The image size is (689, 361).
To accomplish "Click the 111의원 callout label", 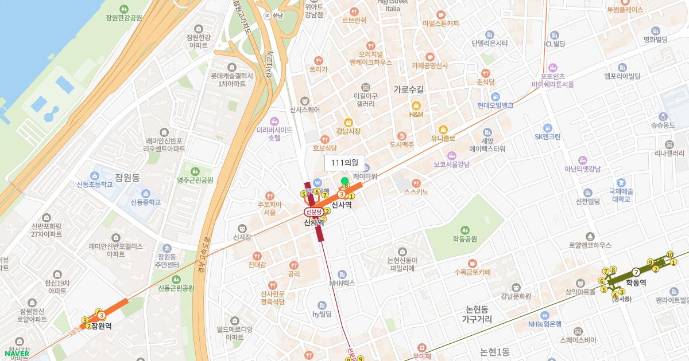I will [x=344, y=163].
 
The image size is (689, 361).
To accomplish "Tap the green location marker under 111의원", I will [x=344, y=181].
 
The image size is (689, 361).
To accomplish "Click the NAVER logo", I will [x=16, y=353].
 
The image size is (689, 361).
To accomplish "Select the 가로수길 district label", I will [x=409, y=89].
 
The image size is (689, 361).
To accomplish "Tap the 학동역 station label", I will [x=636, y=282].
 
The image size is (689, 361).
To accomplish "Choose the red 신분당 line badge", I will [x=315, y=211].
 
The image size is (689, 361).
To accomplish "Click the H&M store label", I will [x=416, y=115].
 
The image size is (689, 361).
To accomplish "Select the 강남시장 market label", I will [x=349, y=131].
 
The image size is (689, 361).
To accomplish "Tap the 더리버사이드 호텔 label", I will [x=269, y=134].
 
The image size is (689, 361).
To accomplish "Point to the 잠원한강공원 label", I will [x=123, y=18].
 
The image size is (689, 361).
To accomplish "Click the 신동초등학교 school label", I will [x=96, y=185].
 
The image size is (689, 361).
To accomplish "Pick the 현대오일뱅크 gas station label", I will [x=495, y=105].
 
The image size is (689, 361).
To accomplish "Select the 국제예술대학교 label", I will [x=621, y=195].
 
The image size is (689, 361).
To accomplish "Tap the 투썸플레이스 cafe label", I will [x=625, y=10].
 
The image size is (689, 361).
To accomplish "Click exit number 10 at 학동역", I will [x=669, y=254].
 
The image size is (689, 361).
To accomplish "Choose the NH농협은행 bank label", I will [x=545, y=324].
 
